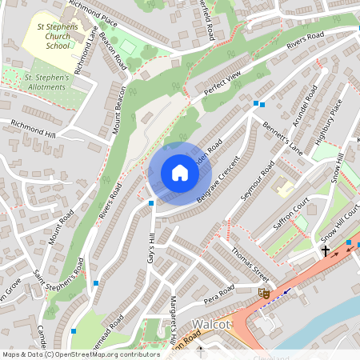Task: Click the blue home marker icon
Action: pos(179,173)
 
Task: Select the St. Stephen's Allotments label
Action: pos(50,82)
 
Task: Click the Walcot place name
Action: pos(212,324)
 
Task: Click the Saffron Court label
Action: pos(290,216)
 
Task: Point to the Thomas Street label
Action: pos(249,262)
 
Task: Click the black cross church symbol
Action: pos(326,250)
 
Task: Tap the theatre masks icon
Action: pos(262,294)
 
